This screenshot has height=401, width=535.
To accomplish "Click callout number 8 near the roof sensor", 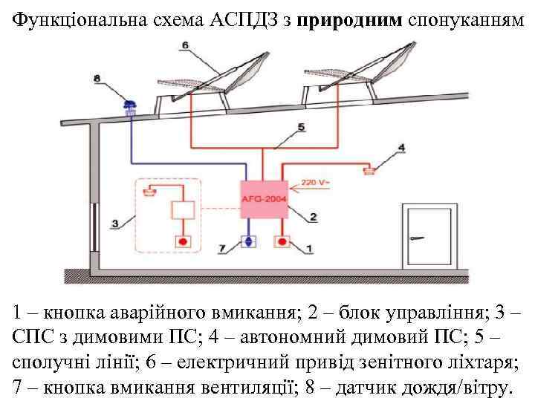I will point(99,77).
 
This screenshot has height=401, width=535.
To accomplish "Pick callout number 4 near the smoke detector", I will point(401,148).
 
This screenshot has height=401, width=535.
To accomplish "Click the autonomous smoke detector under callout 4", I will point(369,171).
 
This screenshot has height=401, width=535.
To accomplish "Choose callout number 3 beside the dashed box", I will point(116,222).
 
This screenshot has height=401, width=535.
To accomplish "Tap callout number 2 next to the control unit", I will point(313,217).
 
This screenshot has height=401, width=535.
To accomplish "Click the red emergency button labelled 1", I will point(282,241).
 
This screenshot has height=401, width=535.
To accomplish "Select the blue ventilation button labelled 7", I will point(249,241).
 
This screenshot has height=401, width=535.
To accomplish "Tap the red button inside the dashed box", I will point(183,241).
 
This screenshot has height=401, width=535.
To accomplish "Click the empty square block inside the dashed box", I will point(183,209).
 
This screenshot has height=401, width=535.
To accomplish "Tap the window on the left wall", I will point(94,223).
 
